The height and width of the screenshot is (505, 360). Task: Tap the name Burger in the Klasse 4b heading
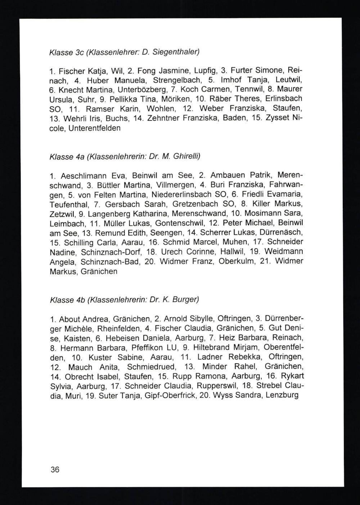tap(185, 299)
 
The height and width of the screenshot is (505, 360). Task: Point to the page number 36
tap(55, 469)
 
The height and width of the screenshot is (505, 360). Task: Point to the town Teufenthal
tap(68, 205)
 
